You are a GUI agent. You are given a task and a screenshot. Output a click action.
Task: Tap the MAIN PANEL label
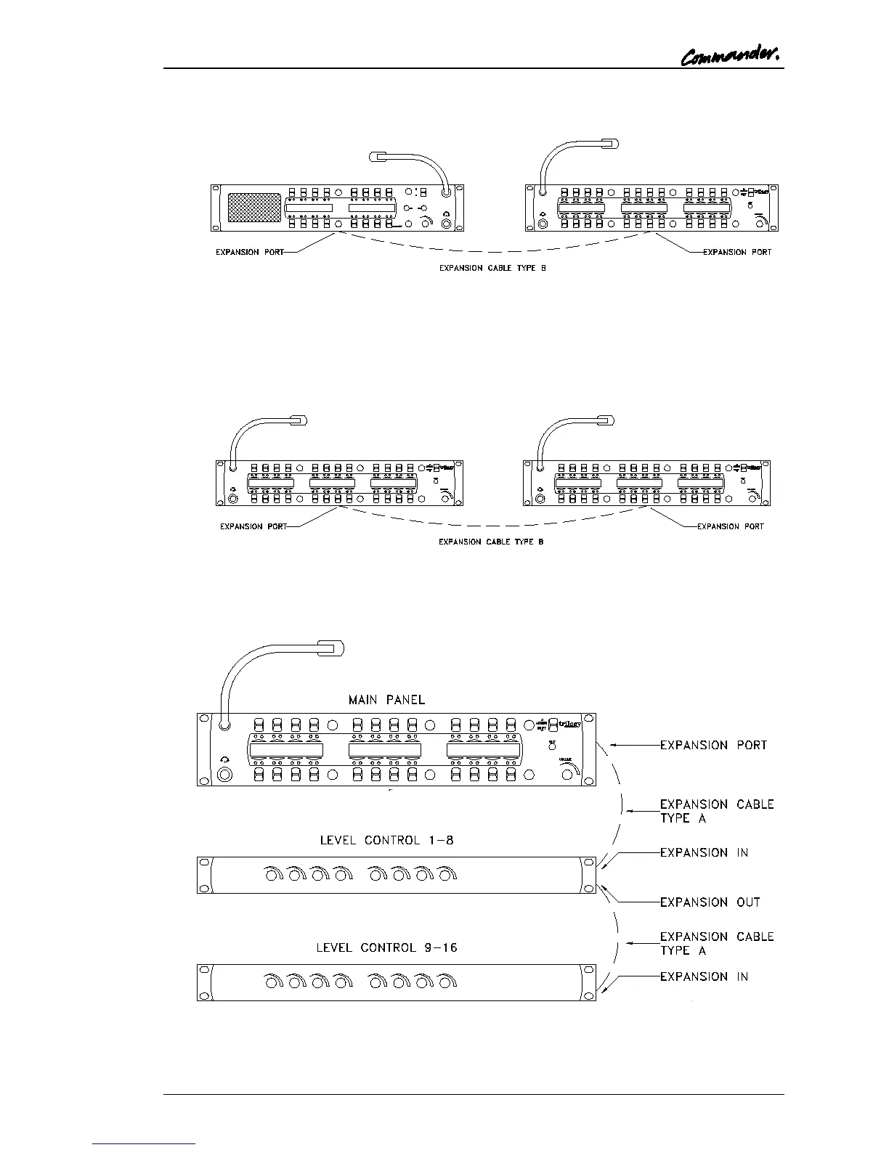point(386,700)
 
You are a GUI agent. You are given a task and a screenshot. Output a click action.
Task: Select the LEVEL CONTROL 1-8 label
point(387,840)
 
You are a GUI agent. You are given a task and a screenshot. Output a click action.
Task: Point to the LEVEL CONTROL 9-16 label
point(386,947)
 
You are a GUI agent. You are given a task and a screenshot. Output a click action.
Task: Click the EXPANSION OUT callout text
point(710,902)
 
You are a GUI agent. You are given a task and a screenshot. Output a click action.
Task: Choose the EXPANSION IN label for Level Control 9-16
point(704,976)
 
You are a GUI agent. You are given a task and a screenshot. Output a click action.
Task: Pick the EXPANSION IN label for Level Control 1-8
point(704,852)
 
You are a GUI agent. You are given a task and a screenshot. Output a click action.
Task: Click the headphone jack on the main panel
point(224,775)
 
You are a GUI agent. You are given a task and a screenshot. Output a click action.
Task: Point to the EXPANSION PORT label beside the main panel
point(713,745)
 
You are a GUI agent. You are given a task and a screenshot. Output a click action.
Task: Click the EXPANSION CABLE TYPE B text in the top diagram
point(492,269)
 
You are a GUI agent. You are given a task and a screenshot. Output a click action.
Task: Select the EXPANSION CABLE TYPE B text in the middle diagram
point(491,542)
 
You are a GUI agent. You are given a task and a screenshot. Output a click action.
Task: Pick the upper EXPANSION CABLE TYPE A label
point(716,811)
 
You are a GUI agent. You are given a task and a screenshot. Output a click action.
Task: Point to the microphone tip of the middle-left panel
point(299,420)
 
